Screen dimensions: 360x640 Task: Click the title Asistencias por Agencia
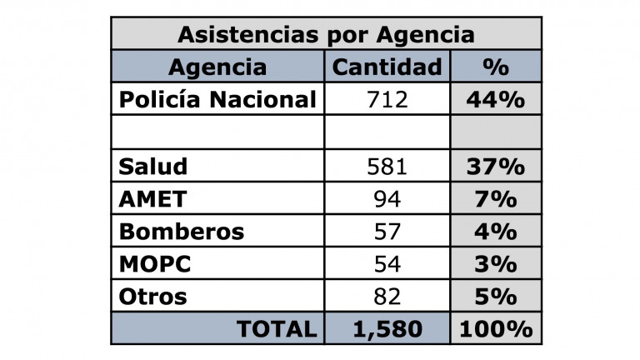326,35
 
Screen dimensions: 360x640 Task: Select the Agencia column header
218,67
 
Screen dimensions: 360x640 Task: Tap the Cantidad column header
387,67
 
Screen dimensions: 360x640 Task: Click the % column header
496,67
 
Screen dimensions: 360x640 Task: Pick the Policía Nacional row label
218,100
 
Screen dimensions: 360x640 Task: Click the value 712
387,100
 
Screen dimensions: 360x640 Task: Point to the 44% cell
496,100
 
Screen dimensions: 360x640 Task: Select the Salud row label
153,166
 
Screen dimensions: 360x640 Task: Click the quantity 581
387,166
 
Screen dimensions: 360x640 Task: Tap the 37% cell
496,166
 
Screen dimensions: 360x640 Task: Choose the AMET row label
154,199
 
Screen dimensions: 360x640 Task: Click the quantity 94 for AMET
387,199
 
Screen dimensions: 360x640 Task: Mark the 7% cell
496,199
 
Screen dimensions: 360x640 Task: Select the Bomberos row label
182,231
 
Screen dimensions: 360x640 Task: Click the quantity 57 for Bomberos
387,231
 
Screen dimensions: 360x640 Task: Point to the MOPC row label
155,263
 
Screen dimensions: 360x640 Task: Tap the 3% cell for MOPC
496,263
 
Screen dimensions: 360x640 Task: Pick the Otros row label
153,296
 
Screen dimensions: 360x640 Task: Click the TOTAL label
277,328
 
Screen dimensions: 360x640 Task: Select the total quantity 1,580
387,328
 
